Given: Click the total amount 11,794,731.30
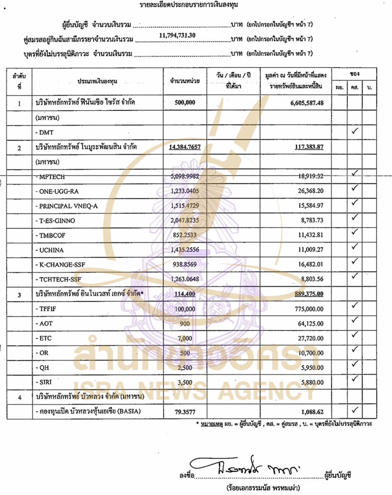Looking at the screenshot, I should click(177, 35).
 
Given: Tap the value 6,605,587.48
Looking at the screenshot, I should click(307, 103).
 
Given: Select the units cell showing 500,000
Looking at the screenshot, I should click(185, 103).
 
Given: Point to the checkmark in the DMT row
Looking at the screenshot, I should click(354, 131).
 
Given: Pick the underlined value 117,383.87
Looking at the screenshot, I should click(309, 147).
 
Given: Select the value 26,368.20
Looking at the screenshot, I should click(310, 191).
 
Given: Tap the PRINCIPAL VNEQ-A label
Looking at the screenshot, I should click(68, 206).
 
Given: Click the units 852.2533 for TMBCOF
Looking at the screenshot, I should click(185, 235).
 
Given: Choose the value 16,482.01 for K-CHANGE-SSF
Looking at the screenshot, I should click(310, 265).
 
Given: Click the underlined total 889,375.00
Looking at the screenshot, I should click(309, 294).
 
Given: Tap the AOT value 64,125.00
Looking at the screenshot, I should click(310, 324).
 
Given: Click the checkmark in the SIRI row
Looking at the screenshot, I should click(354, 379).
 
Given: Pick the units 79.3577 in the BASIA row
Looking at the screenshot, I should click(185, 412).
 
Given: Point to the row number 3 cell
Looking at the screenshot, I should click(19, 294).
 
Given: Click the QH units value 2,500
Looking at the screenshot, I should click(185, 368).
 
